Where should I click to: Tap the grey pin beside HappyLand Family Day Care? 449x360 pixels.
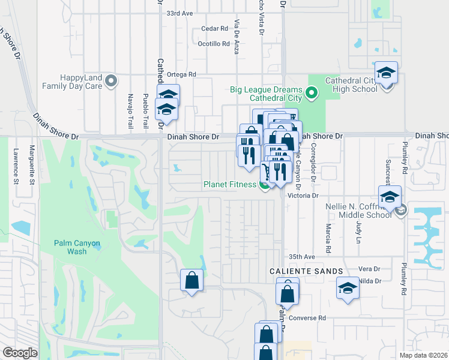110,81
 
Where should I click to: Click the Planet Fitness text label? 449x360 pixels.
230,184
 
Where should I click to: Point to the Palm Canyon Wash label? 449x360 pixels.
77,247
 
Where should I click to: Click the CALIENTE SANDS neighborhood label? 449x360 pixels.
298,271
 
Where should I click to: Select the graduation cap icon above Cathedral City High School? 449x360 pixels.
387,73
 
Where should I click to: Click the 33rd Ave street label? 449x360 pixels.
180,13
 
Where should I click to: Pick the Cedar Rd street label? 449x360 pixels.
215,28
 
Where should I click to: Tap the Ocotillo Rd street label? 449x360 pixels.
214,44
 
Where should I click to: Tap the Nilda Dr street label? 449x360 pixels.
369,281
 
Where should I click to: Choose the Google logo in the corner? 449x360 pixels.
20,353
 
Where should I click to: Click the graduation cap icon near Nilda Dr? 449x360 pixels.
348,289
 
